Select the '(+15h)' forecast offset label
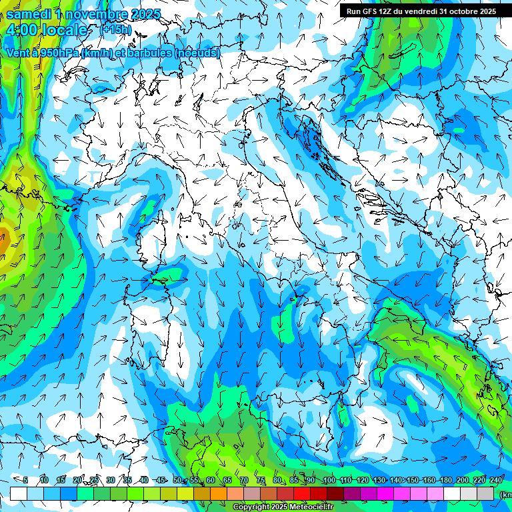tap(115, 29)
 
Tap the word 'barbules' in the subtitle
tap(150, 53)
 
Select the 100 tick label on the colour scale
tap(329, 480)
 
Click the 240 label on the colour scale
tap(496, 480)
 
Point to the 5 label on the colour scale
tap(25, 480)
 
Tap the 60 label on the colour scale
tap(211, 480)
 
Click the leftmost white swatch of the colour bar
tap(18, 493)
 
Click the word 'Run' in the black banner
tap(354, 11)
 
